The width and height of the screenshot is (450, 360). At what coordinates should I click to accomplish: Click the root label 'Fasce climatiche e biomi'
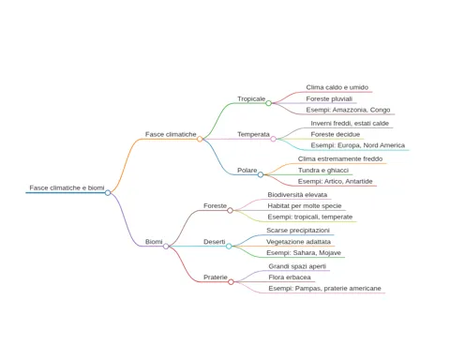(x=67, y=187)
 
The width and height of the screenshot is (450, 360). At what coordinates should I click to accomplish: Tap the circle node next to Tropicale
(x=268, y=103)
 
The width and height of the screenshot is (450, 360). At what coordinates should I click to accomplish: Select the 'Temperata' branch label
(x=253, y=134)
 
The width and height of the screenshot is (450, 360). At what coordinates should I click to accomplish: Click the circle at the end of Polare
(x=261, y=174)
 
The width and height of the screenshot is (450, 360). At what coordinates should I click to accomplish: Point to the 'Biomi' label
(x=154, y=242)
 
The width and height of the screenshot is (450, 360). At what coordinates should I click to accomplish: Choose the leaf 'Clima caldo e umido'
(x=337, y=87)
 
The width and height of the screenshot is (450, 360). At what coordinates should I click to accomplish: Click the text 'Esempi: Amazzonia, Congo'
(x=348, y=110)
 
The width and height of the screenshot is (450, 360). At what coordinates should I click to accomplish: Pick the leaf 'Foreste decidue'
(x=336, y=134)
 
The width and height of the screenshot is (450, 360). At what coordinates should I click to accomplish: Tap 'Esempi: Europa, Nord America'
(x=358, y=145)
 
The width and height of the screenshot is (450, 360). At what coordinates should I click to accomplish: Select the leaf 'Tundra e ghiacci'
(x=323, y=171)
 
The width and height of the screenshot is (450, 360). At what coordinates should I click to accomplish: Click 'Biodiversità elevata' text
(x=297, y=195)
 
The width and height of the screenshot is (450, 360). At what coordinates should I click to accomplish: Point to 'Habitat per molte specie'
(x=305, y=206)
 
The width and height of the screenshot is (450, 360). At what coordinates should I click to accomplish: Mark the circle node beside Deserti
(x=229, y=247)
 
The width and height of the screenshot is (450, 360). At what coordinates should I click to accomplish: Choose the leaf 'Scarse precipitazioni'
(x=298, y=231)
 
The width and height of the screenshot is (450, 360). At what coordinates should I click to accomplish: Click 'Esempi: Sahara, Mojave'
(x=304, y=253)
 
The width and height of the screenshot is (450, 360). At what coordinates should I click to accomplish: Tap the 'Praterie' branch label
(x=216, y=277)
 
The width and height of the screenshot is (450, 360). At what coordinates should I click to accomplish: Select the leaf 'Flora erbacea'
(x=290, y=277)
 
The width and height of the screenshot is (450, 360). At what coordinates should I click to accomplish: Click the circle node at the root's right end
(x=108, y=193)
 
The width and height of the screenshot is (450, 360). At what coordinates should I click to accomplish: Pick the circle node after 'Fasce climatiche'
(x=200, y=139)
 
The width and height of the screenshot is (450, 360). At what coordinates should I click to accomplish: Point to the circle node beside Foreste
(x=230, y=210)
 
